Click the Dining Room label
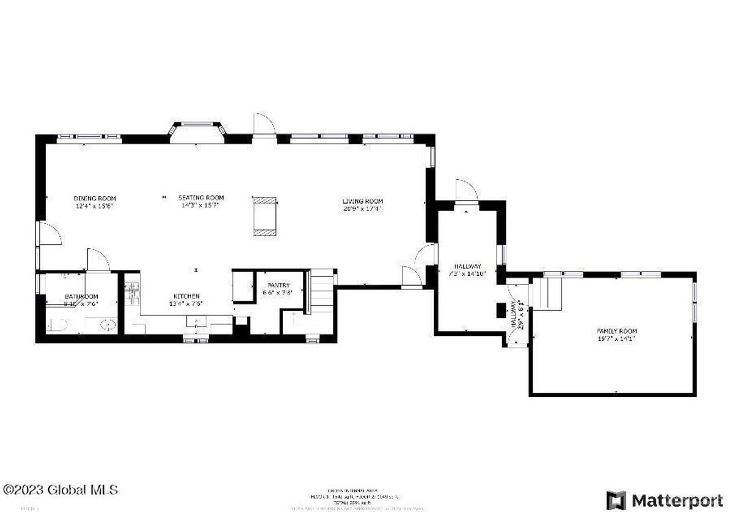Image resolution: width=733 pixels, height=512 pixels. tap(95, 198)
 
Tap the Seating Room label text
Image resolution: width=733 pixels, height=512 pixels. tap(201, 198)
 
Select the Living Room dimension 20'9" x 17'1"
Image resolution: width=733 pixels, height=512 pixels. tap(362, 209)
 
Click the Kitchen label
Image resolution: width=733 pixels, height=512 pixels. tap(186, 296)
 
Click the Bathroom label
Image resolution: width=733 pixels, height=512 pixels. tap(81, 297)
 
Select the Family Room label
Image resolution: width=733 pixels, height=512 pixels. tap(612, 331)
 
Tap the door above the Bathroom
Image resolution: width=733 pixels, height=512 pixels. tap(98, 259)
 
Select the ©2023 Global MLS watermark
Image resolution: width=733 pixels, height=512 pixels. tap(60, 490)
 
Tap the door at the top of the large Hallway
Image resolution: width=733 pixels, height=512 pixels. tap(465, 190)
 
